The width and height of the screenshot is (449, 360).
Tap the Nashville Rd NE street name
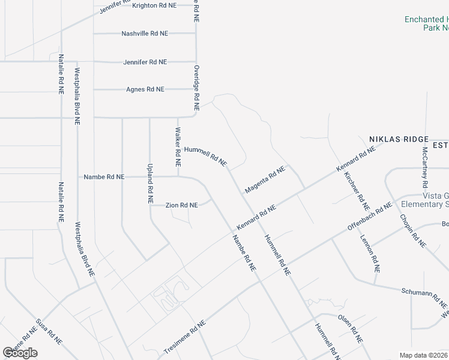[x=144, y=34]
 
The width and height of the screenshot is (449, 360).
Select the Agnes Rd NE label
[x=145, y=89]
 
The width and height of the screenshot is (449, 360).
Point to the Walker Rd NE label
[x=178, y=147]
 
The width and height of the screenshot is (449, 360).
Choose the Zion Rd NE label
[x=181, y=205]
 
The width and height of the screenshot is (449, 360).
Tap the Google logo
[x=20, y=353]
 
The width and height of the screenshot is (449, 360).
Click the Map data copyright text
[x=423, y=355]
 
